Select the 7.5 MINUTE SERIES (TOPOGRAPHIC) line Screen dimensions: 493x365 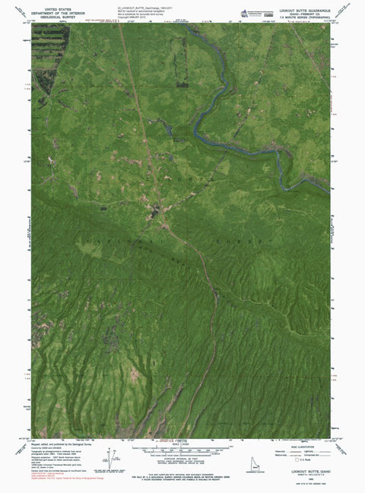coord(310,17)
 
